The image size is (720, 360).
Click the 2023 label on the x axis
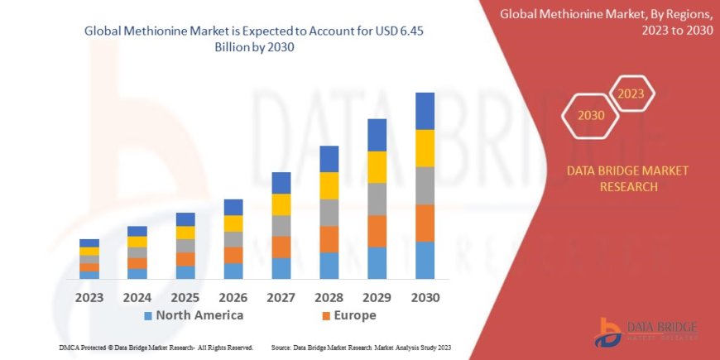point(89,297)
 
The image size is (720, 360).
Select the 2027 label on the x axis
point(281,297)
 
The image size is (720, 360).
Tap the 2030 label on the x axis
point(425,297)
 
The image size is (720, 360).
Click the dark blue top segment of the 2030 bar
point(425,111)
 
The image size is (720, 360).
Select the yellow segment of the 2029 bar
point(377,167)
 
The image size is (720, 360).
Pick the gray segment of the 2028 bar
point(329,213)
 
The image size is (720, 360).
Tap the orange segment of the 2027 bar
point(281,247)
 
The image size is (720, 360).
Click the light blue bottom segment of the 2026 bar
point(233,271)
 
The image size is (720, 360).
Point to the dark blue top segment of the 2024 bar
point(137,231)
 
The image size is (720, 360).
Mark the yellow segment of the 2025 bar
point(185,233)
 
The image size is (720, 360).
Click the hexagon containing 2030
point(591,115)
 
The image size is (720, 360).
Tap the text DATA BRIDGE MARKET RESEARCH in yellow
point(626,178)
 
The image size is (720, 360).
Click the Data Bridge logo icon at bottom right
point(610,333)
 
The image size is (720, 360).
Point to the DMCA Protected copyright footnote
point(156,348)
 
